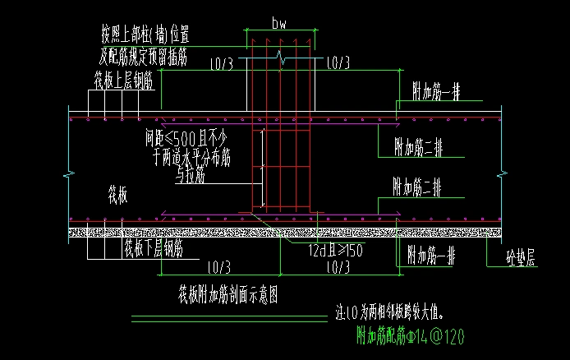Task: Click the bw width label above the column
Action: (x=280, y=24)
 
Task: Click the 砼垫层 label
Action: (x=519, y=261)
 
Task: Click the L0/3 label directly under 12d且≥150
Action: (x=337, y=268)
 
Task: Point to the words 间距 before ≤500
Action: (x=157, y=136)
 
